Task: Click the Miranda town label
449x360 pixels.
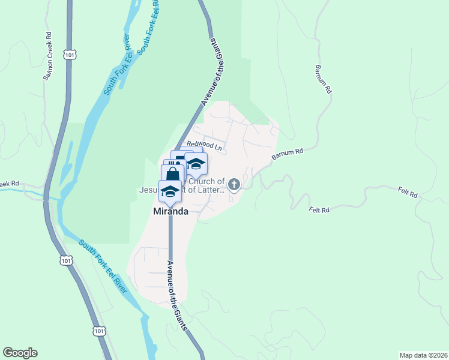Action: tap(171, 212)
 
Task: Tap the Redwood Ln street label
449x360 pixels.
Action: tap(204, 145)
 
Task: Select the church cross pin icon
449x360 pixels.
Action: tap(234, 185)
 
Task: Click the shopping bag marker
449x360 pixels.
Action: tap(172, 175)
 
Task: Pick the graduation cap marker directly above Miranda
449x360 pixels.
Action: tap(170, 191)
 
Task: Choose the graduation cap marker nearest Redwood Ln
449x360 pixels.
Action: tap(196, 163)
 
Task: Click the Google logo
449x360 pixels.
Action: tap(20, 353)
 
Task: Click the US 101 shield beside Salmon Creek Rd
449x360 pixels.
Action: tap(70, 55)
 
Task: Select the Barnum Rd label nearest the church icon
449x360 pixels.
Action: tap(288, 154)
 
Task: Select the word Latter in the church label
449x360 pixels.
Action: tap(212, 190)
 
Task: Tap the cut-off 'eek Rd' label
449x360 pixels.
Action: tap(10, 184)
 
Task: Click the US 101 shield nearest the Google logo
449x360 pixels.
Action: tap(100, 331)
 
